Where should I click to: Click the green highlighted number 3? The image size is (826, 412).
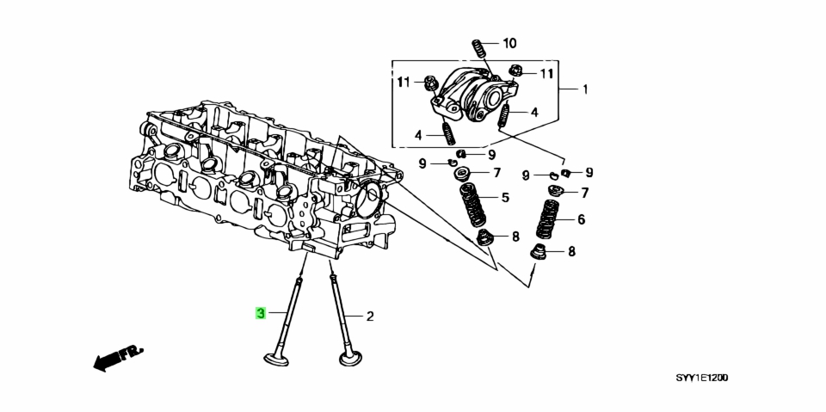[x=260, y=313]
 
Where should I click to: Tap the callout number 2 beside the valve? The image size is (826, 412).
[x=370, y=317]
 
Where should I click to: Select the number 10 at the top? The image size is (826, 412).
[x=509, y=43]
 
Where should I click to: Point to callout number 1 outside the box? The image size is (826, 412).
[x=585, y=89]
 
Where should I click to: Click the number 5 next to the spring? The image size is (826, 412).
[x=505, y=198]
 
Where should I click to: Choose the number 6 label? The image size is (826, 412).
[x=581, y=219]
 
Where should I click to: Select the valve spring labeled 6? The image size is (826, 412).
[x=548, y=219]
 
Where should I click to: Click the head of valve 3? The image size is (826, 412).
[x=276, y=359]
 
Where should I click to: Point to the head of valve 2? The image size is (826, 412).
[x=350, y=360]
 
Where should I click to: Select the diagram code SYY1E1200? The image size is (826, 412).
[x=702, y=378]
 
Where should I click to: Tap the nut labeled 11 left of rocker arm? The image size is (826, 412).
[x=430, y=83]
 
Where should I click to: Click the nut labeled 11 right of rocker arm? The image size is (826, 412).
[x=515, y=71]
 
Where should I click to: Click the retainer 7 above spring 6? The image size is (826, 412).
[x=556, y=190]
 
